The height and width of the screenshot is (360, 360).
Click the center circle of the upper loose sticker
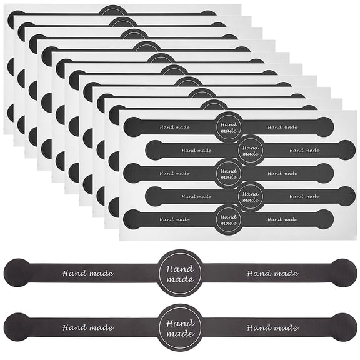tap(180, 273)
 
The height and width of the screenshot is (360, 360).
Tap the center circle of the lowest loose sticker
tap(180, 327)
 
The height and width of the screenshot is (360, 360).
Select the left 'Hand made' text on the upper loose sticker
tap(88, 273)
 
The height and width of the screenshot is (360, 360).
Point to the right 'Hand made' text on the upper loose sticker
tap(272, 273)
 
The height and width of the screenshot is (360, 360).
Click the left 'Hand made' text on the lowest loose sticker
tap(88, 327)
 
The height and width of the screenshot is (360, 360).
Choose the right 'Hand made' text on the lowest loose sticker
tap(272, 327)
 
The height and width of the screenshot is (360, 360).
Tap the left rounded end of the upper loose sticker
tap(16, 273)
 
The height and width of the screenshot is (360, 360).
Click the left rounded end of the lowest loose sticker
tap(16, 327)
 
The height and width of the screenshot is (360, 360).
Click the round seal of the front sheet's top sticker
tap(229, 127)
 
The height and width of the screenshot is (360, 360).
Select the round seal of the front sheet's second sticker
tap(251, 151)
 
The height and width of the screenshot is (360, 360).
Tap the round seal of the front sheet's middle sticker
tap(229, 174)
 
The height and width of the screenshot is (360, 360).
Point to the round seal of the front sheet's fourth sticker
tap(251, 197)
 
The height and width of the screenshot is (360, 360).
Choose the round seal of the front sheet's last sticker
tap(229, 220)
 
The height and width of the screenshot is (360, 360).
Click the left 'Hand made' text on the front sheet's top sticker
tap(175, 127)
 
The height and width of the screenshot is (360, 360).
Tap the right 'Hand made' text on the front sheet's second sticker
tap(304, 151)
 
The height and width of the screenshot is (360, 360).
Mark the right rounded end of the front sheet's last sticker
tap(324, 219)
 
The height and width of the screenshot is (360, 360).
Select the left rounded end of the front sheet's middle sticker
tap(132, 173)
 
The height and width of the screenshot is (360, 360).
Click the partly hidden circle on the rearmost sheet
tap(113, 10)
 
